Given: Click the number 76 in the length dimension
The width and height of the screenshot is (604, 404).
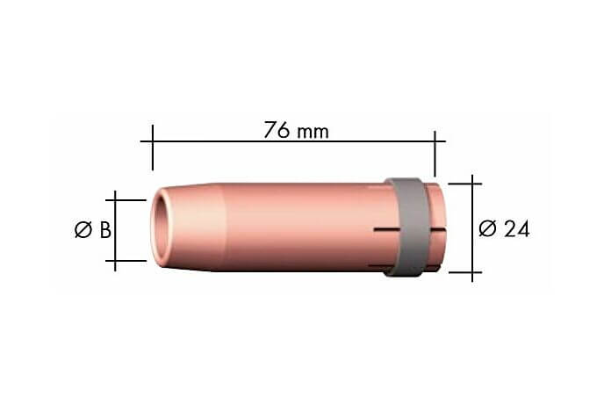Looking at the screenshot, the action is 277,129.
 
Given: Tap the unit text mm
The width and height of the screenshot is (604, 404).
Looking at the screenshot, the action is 313,133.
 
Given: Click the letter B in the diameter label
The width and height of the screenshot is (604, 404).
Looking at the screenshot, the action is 105,230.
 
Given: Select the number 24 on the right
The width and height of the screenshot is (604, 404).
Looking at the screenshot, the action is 516,228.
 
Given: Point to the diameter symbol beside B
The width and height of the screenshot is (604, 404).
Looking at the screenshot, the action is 83,230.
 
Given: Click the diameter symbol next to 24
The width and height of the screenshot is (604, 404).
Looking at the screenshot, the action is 487,228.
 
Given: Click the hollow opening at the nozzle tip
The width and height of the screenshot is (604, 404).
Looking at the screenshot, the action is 161,229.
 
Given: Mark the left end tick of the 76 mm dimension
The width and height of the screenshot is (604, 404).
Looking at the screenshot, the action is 153,148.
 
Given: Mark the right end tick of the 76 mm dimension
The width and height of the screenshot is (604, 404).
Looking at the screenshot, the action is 435,154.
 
